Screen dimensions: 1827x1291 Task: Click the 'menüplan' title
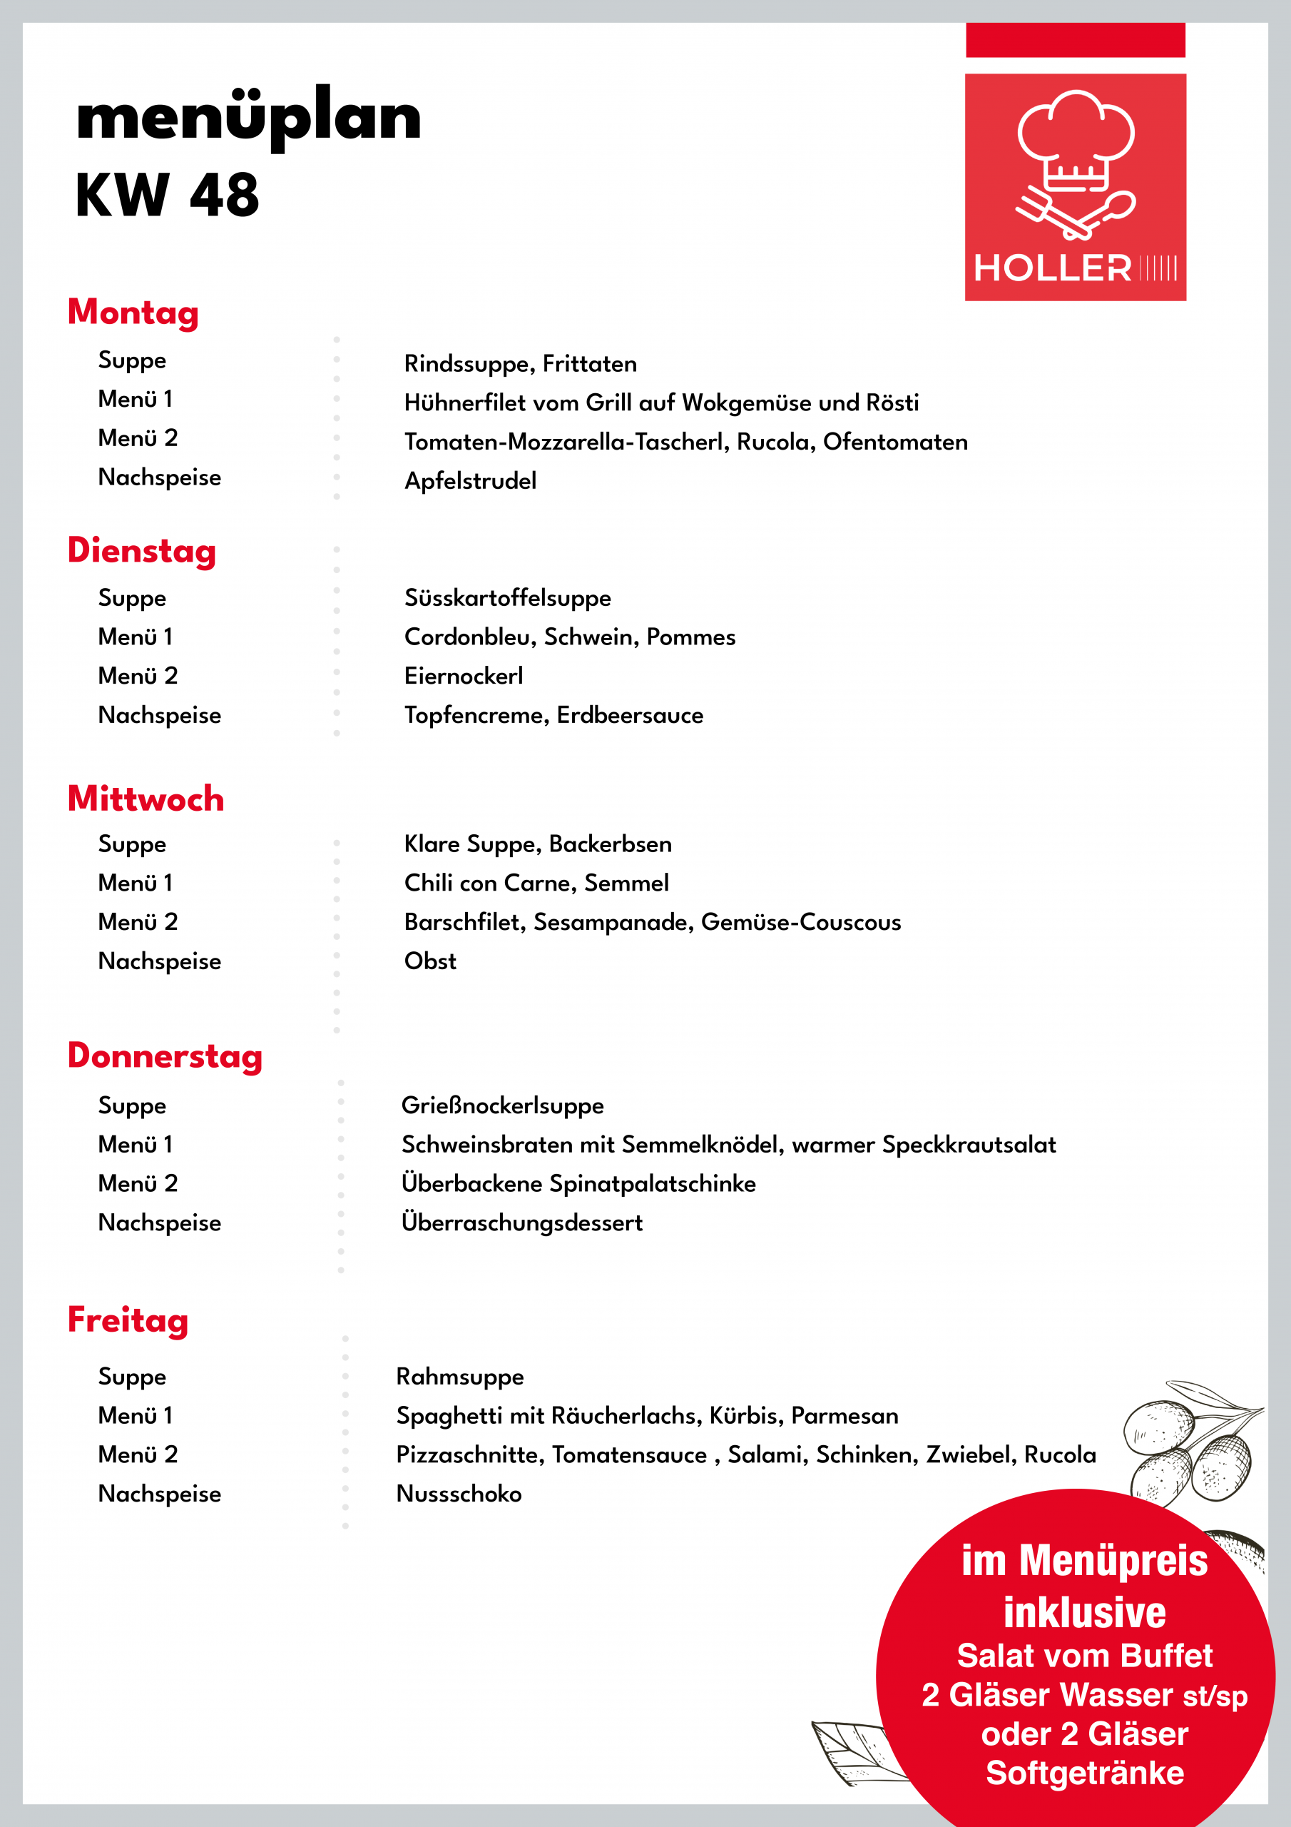point(248,117)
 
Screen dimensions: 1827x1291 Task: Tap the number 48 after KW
point(224,195)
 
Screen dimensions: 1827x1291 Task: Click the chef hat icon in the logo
point(1076,139)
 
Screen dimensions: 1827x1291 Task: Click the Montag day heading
point(133,312)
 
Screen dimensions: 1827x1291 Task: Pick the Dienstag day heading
point(142,551)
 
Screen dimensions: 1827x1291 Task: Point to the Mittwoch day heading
point(146,798)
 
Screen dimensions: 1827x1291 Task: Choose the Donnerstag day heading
point(165,1056)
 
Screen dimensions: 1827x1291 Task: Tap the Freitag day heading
point(127,1320)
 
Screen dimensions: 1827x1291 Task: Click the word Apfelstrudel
point(470,480)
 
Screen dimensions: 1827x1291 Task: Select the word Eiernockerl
point(463,676)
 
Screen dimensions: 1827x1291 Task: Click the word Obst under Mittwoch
point(429,961)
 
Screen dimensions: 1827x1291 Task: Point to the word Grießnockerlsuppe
point(502,1105)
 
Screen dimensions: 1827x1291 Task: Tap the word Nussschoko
point(458,1494)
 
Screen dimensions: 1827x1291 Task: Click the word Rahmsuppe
point(460,1377)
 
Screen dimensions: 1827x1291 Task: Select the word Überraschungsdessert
point(522,1223)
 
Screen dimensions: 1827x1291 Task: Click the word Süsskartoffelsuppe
point(508,597)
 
